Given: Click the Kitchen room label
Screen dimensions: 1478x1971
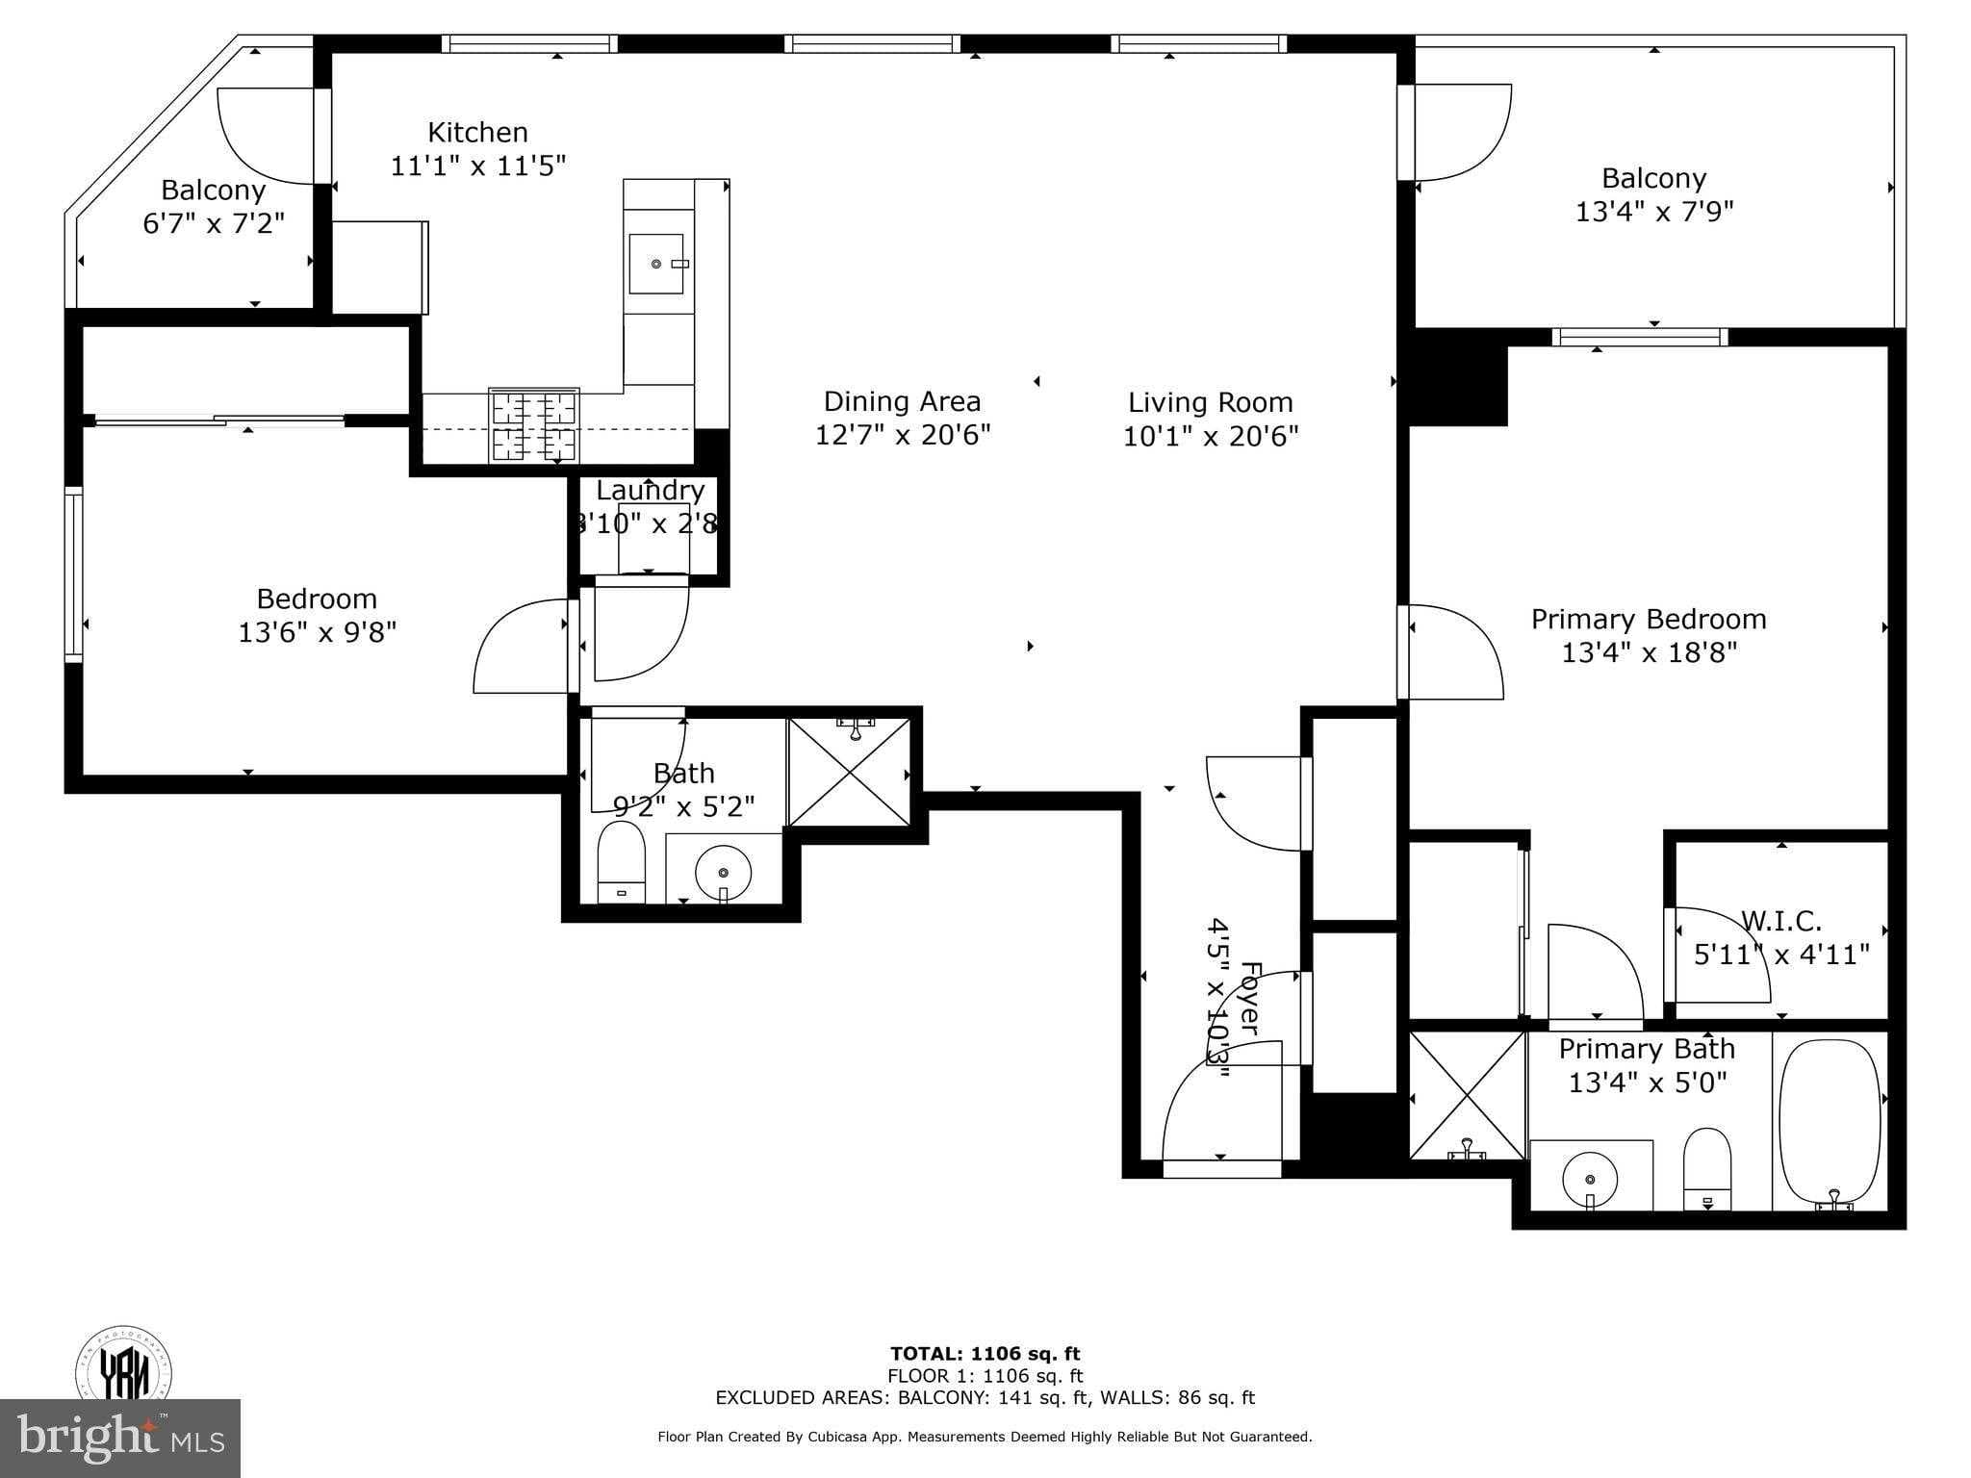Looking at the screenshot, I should click(x=477, y=133).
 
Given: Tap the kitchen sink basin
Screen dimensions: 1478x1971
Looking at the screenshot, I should click(x=656, y=264).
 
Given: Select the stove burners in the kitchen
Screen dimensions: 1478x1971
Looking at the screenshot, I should click(x=535, y=426).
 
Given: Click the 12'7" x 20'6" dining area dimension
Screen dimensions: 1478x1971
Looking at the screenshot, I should click(x=902, y=436).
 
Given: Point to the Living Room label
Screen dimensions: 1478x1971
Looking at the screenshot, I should click(x=1210, y=402).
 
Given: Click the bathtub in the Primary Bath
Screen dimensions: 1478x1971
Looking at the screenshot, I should click(x=1829, y=1121).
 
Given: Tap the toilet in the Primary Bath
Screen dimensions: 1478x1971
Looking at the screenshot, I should click(x=1706, y=1167).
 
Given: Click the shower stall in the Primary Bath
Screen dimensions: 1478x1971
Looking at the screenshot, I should click(x=1467, y=1095).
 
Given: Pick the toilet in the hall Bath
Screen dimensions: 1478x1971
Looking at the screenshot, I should click(x=621, y=859).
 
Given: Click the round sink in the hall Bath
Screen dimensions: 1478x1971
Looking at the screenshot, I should click(x=723, y=871).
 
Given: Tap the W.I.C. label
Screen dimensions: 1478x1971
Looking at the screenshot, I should click(x=1780, y=922).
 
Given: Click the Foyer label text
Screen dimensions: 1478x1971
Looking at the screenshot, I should click(x=1248, y=998).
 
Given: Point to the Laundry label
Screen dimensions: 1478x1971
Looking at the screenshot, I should click(x=650, y=491).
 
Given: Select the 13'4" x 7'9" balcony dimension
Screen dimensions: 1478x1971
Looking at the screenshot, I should click(x=1653, y=212).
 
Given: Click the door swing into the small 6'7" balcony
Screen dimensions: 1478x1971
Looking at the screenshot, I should click(x=267, y=136).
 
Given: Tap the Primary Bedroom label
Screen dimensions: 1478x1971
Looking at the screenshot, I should click(x=1648, y=619).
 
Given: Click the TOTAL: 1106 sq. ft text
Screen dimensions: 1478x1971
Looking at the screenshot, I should click(x=985, y=1354).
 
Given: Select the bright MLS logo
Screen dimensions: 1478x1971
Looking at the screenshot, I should click(x=119, y=1439).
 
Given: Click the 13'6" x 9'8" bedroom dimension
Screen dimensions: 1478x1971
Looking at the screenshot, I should click(x=317, y=632).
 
